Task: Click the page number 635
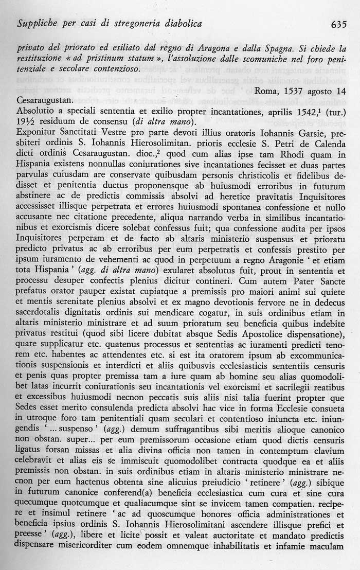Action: pyautogui.click(x=336, y=24)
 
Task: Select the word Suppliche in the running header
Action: pyautogui.click(x=37, y=24)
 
